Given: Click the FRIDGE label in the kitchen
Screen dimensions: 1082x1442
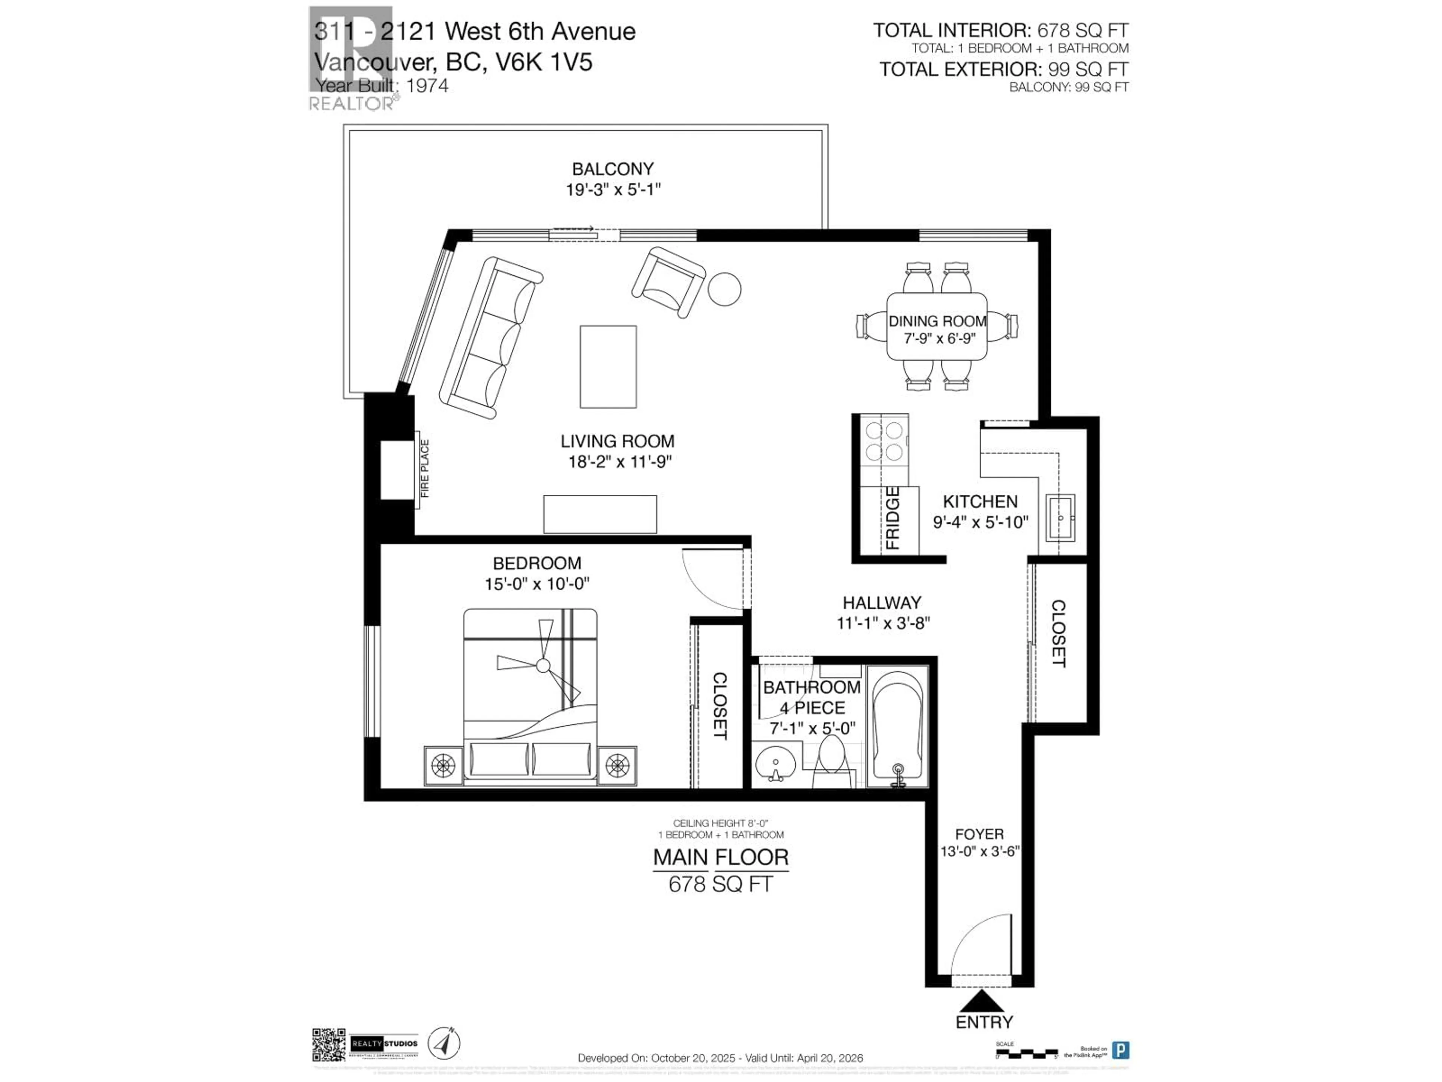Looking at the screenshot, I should pos(892,518).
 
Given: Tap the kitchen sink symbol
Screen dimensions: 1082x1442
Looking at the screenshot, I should pos(1060,517).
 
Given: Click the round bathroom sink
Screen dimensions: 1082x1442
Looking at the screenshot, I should pos(776,763).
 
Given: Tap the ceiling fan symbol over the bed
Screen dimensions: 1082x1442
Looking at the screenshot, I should pos(542,666).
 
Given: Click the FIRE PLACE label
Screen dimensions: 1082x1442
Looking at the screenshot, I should pos(425,468).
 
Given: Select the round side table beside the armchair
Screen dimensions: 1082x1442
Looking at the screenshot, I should pos(724,288).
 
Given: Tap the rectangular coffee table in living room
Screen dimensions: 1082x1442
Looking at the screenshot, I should pos(608,367).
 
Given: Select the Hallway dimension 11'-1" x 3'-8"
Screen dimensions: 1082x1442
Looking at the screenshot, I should pos(883,623).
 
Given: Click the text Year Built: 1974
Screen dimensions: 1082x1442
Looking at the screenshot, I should pos(382,85).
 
